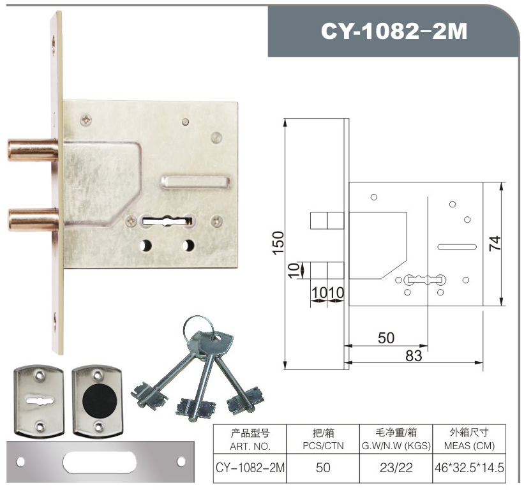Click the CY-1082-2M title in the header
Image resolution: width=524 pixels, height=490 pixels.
coord(394,31)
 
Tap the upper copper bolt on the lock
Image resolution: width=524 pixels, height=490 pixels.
coord(33,150)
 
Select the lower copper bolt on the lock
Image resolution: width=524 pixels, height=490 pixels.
coord(33,219)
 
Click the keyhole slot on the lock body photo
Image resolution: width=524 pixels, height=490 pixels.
coord(167,221)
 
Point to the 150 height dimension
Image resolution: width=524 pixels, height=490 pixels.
coord(278,243)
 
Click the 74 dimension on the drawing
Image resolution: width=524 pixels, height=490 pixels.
coord(495,243)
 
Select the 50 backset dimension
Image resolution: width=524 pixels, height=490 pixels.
coord(386,338)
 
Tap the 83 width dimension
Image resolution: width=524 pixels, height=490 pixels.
coord(414,356)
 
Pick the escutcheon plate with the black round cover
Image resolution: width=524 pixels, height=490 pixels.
coord(98,400)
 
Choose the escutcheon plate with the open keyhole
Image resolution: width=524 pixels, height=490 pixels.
coord(39,400)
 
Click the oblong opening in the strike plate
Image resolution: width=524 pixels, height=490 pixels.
coord(100,462)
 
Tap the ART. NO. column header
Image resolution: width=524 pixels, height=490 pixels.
coord(250,447)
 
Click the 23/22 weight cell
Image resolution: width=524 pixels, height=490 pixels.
coord(396,468)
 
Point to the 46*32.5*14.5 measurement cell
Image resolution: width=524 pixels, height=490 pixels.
coord(469,468)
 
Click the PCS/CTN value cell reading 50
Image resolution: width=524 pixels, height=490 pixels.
coord(323,468)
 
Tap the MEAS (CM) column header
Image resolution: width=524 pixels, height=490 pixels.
coord(469,446)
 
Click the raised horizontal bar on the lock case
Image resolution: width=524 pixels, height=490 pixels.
coord(195,182)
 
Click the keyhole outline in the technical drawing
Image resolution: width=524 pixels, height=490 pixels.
coord(424,280)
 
